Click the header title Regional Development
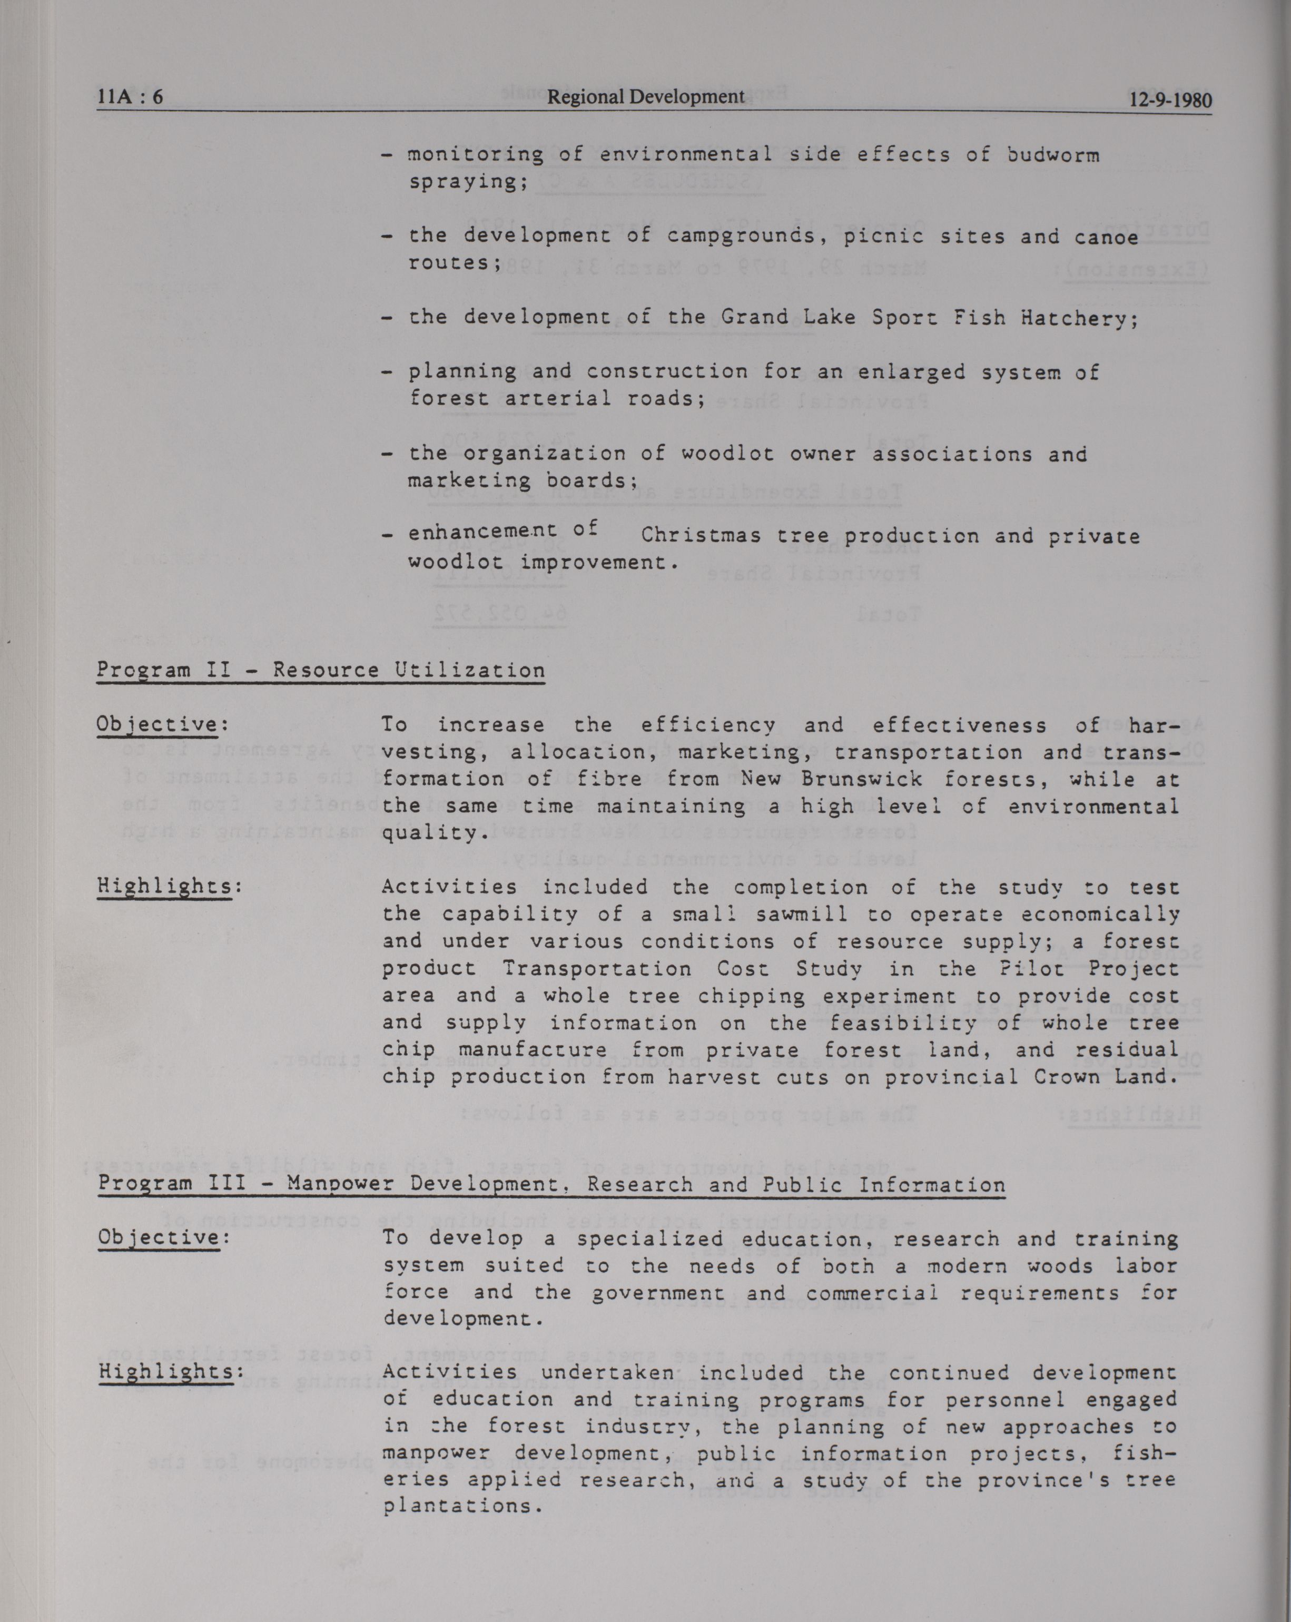(x=646, y=96)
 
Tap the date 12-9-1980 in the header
(x=1170, y=100)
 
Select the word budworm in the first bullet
(x=1052, y=156)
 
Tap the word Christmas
(x=701, y=536)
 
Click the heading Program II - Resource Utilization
(x=320, y=670)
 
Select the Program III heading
(x=551, y=1184)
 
